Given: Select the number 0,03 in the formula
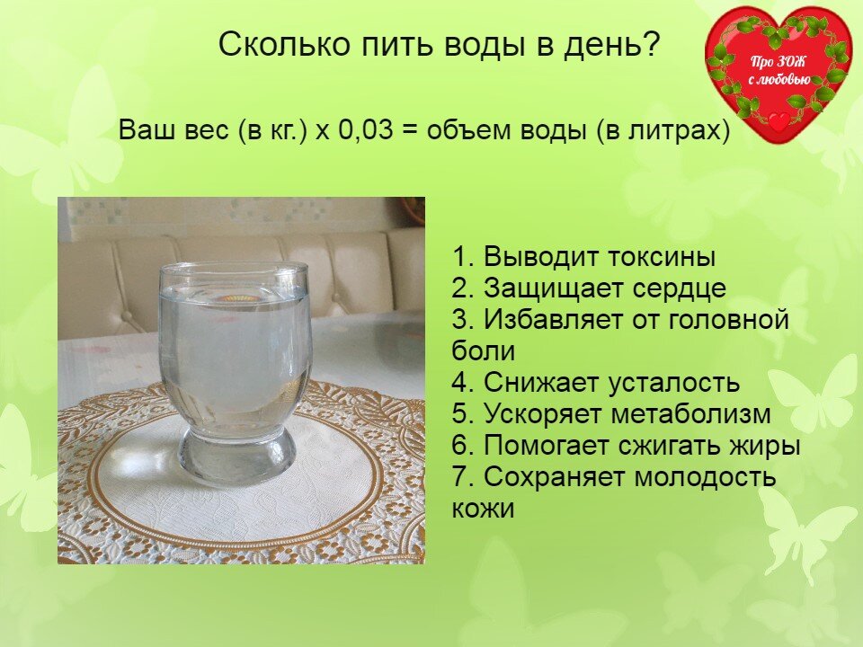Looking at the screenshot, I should [366, 129].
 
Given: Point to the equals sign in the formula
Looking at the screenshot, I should [411, 130].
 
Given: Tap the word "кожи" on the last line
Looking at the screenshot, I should [484, 509].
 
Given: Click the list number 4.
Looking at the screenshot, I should [460, 383].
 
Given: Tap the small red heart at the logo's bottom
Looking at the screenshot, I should [778, 120].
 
